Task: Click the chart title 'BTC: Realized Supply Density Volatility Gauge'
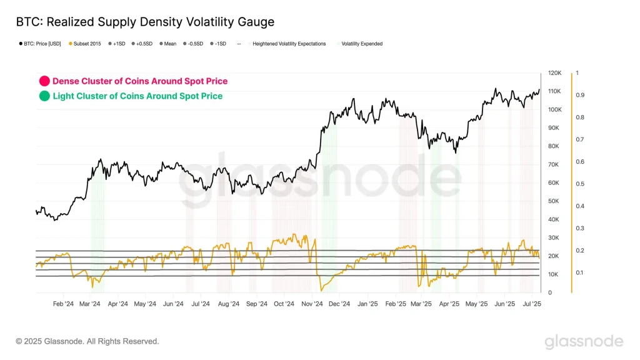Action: [145, 22]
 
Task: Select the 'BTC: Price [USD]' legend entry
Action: [41, 44]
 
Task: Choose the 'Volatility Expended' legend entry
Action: [361, 44]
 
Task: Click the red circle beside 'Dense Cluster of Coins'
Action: [44, 81]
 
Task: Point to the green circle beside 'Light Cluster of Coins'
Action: [44, 96]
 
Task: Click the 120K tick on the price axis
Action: [554, 73]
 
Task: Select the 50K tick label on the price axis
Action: [553, 201]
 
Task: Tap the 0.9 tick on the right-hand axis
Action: [580, 95]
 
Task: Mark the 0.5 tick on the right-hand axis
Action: [580, 184]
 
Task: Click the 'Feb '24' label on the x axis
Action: [63, 304]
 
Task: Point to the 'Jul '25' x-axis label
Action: [532, 304]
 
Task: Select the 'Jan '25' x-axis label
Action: [367, 304]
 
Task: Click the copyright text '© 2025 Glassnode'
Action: [87, 341]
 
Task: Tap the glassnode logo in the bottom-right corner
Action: [583, 341]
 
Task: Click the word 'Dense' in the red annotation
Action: [64, 81]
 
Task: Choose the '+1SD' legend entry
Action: [118, 44]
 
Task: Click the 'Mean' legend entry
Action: [169, 44]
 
